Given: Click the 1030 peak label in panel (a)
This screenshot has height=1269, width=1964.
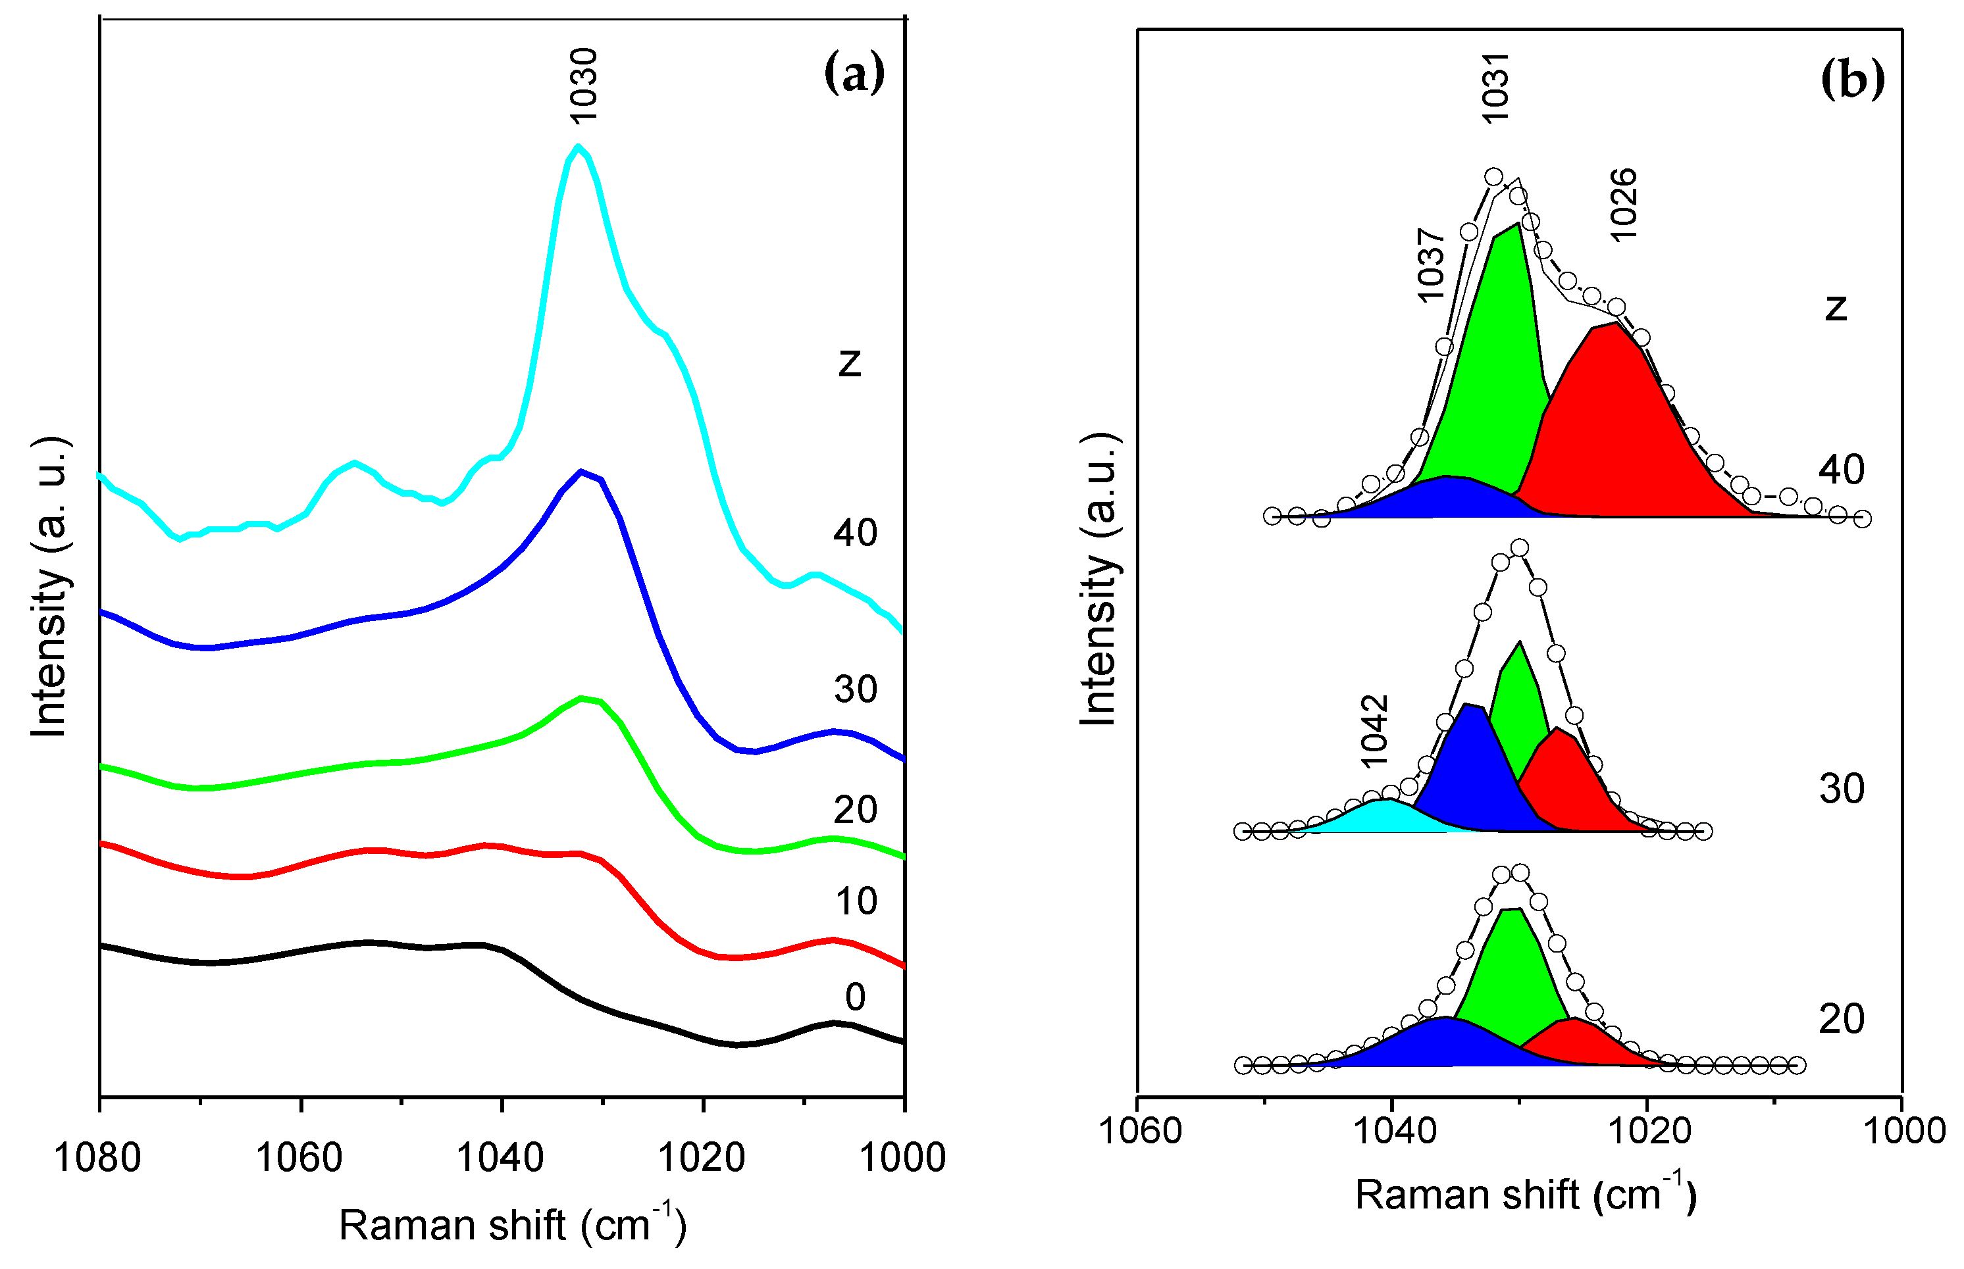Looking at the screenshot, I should [584, 85].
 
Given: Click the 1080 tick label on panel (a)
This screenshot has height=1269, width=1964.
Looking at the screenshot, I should [97, 1158].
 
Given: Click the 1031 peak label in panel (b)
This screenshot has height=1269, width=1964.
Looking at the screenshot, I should [1494, 88].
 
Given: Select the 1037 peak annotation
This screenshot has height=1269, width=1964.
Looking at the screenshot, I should [1431, 265].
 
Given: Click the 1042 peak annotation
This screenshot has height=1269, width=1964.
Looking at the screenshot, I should [1374, 731].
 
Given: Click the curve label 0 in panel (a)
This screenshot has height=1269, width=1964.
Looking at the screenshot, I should [856, 997].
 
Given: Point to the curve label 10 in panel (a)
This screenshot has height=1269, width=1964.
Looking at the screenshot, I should [856, 901].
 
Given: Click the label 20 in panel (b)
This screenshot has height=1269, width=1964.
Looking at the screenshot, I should [1841, 1019].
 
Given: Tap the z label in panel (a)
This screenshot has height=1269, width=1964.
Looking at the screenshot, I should [850, 362].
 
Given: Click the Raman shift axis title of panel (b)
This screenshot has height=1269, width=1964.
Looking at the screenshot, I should [1526, 1195].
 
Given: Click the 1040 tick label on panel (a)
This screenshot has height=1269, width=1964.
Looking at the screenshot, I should [500, 1158].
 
